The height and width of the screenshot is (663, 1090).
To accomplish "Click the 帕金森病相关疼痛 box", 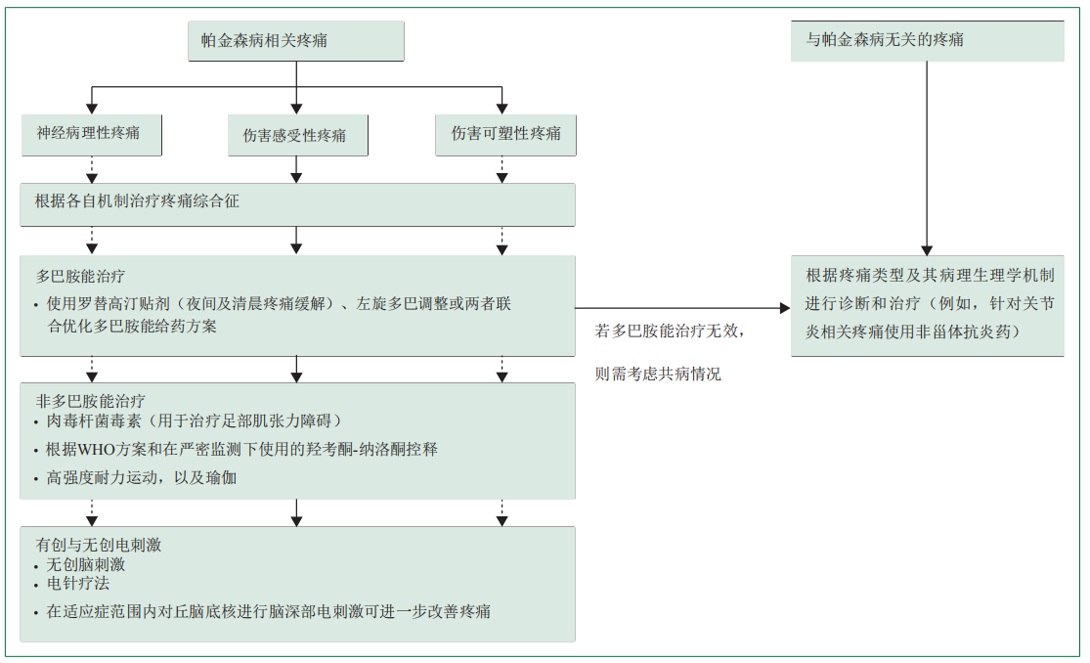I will (295, 41).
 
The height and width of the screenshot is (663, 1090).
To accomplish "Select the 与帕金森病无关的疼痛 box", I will (927, 41).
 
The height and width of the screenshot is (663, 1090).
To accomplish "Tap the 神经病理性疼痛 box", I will (91, 135).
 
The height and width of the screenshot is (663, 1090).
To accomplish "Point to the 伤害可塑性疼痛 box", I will (504, 135).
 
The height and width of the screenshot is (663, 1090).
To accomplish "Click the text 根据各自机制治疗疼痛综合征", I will (137, 201).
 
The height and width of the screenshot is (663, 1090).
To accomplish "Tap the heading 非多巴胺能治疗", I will (90, 400).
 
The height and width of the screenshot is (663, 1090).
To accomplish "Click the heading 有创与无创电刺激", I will (99, 545).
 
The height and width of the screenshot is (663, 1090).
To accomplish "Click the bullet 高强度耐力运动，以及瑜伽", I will (142, 478).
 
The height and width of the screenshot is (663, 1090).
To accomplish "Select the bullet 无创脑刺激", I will (86, 564).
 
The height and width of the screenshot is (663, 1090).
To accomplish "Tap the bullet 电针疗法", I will (78, 584).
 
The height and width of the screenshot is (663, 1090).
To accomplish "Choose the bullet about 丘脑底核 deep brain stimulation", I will (268, 612).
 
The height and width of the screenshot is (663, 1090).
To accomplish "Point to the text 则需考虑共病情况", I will (659, 374).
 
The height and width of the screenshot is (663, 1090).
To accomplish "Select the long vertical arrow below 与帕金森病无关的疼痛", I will (927, 156).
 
